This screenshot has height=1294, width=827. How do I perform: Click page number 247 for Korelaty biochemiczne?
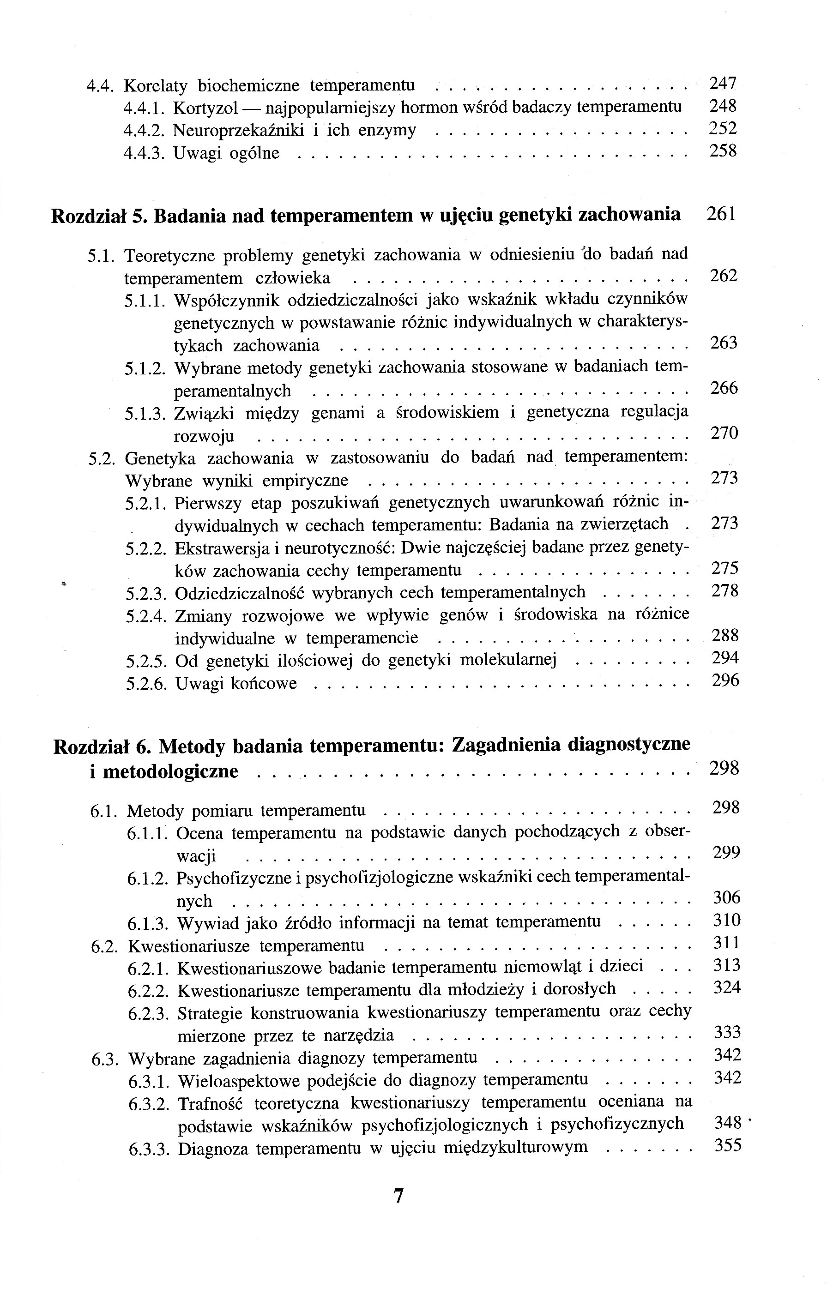click(722, 83)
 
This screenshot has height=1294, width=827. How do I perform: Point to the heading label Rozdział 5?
click(98, 216)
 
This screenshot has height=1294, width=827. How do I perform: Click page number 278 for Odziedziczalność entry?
click(725, 590)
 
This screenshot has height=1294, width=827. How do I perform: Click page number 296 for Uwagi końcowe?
click(725, 681)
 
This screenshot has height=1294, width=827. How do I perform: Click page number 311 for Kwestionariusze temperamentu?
click(726, 942)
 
